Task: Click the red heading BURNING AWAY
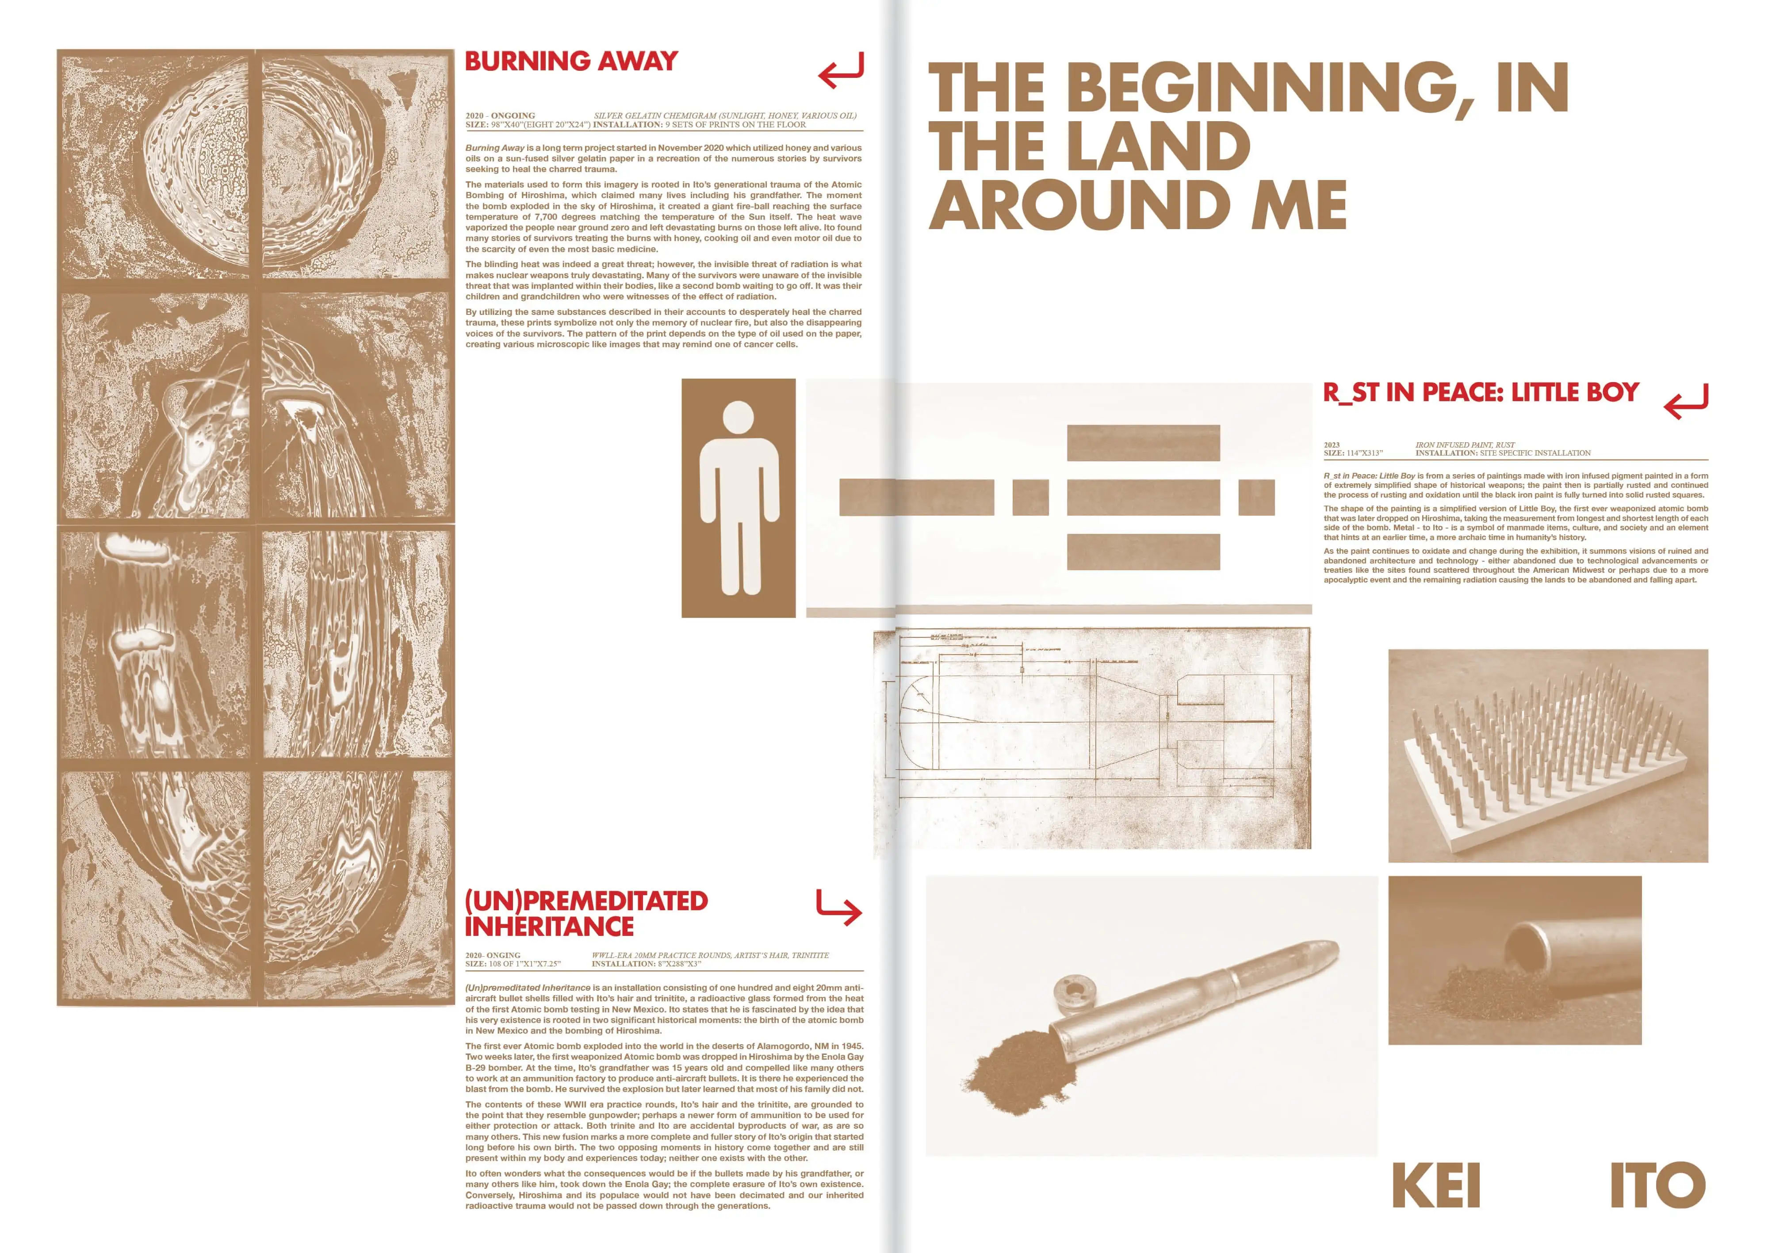571,61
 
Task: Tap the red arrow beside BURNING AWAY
841,70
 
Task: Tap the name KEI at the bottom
1435,1186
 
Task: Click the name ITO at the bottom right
1657,1186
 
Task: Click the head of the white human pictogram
738,418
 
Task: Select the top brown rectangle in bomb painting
1143,443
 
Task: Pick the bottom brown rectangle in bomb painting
1143,552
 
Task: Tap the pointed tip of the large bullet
1331,951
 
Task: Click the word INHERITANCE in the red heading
549,927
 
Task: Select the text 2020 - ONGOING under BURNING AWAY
500,115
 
